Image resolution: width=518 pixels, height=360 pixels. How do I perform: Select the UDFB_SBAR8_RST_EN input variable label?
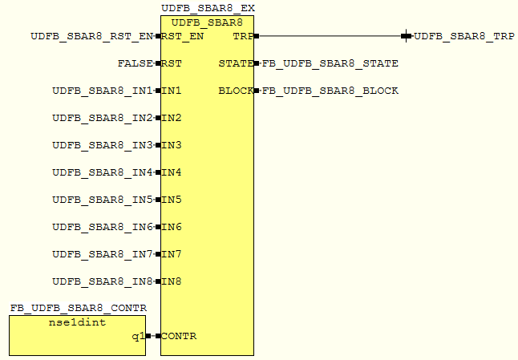tap(91, 36)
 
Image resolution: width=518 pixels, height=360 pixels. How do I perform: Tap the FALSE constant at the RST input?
tap(135, 63)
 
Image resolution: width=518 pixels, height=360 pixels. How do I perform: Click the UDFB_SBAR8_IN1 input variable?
tap(102, 91)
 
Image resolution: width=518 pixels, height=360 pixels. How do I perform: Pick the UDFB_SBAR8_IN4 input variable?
tap(102, 172)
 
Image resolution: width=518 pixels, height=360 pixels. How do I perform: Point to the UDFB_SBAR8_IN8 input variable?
tap(102, 281)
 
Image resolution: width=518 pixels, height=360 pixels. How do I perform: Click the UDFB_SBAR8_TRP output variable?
tap(464, 36)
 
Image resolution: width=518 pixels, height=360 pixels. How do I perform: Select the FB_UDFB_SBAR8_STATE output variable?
tap(330, 63)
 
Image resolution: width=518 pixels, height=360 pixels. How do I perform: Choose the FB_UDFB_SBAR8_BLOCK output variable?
tap(330, 91)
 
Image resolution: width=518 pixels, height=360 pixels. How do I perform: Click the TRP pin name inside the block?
tap(241, 36)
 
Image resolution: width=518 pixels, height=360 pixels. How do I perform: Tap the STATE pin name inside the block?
tap(235, 63)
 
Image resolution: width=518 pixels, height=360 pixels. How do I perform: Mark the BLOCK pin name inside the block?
tap(235, 91)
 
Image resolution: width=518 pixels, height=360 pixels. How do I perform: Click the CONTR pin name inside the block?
tap(179, 336)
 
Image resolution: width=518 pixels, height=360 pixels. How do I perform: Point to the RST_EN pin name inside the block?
tap(183, 36)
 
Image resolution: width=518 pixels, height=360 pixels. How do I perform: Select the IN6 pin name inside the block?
tap(172, 227)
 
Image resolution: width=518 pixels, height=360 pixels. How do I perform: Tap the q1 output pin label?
tap(137, 336)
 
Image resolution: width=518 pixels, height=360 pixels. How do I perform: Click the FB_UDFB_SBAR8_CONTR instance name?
tap(79, 309)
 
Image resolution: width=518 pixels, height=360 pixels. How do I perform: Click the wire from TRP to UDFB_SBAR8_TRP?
tap(329, 35)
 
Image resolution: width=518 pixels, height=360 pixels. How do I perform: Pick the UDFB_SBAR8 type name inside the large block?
tap(207, 22)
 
